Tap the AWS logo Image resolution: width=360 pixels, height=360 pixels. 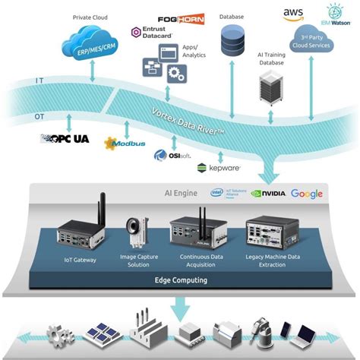pos(293,14)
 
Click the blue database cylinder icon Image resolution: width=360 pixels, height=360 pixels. pos(233,39)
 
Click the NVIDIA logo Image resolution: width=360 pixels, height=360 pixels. pos(268,194)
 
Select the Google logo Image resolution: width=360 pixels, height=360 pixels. pos(306,194)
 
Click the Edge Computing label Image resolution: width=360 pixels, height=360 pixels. pos(180,280)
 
